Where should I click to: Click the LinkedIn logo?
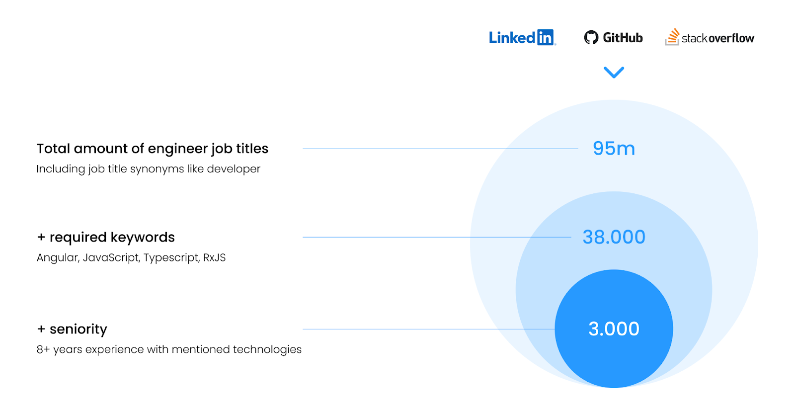(522, 37)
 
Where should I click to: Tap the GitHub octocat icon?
(591, 37)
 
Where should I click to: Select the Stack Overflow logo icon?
(672, 37)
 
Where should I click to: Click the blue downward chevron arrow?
(614, 73)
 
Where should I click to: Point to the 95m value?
(614, 148)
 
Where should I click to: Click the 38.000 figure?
(614, 237)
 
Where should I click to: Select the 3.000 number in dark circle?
(614, 329)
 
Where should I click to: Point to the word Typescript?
(171, 258)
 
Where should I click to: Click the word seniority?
(78, 329)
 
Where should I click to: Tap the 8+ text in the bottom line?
(43, 349)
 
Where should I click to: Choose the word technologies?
(267, 349)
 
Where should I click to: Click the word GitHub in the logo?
(623, 38)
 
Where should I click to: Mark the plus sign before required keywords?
(41, 238)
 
